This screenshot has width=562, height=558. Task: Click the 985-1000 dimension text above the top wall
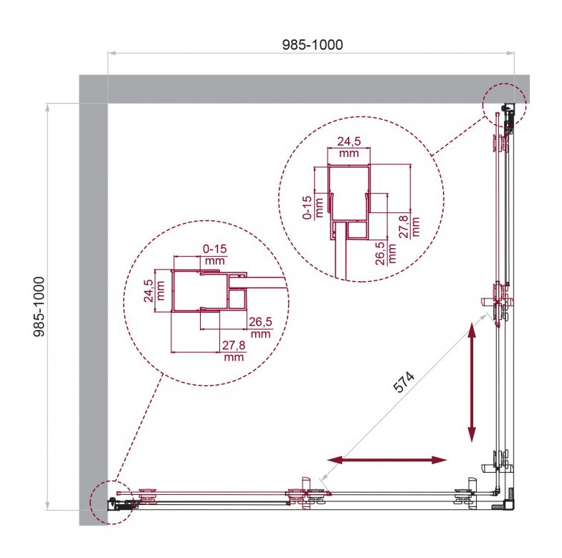313,44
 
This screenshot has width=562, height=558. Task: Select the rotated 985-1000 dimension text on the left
39,306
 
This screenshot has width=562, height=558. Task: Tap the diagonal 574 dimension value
404,382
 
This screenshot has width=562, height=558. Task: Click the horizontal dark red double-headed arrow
387,460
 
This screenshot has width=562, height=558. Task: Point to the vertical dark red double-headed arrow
472,382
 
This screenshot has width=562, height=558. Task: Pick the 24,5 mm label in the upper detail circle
348,147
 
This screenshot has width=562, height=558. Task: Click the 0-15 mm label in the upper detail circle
313,207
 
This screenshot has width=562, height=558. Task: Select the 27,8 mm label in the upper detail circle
409,227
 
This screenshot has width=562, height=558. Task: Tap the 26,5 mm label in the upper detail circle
386,253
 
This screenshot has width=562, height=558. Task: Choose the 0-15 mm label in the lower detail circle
215,254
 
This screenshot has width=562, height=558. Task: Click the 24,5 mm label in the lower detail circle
154,290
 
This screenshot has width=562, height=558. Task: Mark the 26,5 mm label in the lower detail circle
261,327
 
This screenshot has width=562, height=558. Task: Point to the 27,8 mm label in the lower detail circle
234,351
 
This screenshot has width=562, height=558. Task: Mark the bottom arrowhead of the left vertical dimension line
47,506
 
